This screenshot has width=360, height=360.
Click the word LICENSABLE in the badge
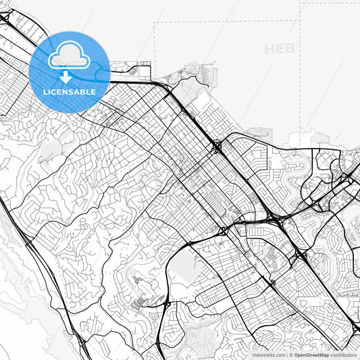pos(69,92)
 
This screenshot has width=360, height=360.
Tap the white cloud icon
pos(69,55)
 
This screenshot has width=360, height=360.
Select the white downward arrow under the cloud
pos(66,76)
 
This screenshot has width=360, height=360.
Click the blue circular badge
pos(69,72)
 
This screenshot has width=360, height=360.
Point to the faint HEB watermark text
pos(280,49)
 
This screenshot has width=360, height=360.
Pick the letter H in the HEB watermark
pos(270,49)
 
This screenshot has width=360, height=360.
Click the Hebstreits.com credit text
pos(269,354)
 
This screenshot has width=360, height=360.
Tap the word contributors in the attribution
pos(344,354)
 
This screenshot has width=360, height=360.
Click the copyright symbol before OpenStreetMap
pos(291,354)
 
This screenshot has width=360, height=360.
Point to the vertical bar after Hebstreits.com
pos(287,354)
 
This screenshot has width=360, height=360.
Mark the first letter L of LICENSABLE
pos(45,92)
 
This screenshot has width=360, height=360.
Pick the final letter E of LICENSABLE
pos(93,92)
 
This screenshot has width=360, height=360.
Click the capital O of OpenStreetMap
pos(296,354)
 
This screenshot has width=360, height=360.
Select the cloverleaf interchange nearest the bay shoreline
pos(217,145)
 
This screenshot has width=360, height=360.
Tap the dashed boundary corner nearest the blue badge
pos(155,23)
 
